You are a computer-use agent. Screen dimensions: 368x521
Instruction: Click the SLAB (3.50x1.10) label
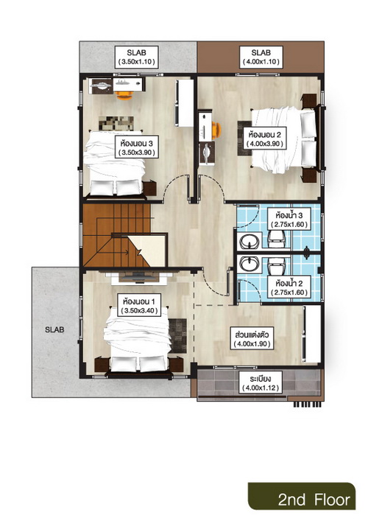coord(136,57)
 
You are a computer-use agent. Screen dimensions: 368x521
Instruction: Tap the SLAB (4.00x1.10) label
coord(261,57)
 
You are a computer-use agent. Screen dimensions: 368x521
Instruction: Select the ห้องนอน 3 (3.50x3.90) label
coord(136,148)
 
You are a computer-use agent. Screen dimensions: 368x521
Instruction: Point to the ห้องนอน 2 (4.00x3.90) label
coord(264,139)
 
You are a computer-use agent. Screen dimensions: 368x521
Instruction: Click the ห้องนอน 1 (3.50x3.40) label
coord(139,306)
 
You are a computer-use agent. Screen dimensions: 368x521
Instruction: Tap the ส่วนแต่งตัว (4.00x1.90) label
coord(253,338)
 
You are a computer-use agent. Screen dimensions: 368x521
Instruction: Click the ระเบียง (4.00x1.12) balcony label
coord(261,382)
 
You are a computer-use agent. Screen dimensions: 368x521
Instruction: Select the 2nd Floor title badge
coord(302,496)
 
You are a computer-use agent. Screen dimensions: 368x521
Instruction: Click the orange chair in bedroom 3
coord(124,95)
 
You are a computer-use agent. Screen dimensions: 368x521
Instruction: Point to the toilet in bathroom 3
coord(277,239)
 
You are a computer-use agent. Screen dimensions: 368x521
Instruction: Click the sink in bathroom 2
coord(250,264)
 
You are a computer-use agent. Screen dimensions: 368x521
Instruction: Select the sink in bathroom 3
coord(250,241)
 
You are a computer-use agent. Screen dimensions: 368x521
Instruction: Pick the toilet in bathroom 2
coord(277,265)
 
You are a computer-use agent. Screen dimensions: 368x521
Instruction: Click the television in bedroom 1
coord(138,276)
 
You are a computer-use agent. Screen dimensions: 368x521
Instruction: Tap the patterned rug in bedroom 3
coord(116,123)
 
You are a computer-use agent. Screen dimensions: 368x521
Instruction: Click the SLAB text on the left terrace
coord(54,330)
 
